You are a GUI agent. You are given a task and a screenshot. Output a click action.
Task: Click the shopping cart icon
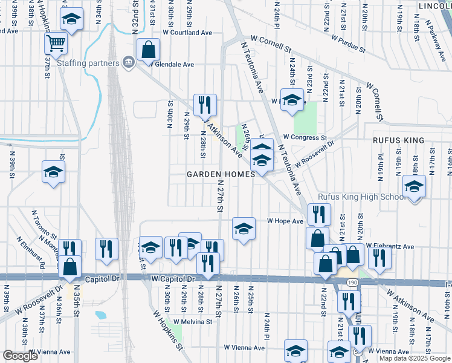pos(56,42)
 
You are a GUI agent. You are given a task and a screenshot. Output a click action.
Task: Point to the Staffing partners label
pos(88,63)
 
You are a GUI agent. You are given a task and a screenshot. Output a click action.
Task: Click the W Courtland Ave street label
pos(187,33)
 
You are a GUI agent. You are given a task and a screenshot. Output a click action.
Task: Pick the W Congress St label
pos(305,138)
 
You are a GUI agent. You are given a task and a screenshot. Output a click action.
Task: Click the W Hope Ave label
pos(285,221)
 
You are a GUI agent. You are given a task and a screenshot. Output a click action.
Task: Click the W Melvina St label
pos(193,322)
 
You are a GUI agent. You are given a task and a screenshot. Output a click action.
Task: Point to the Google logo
pos(20,356)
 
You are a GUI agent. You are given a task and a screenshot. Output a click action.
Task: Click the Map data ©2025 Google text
pos(415,358)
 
